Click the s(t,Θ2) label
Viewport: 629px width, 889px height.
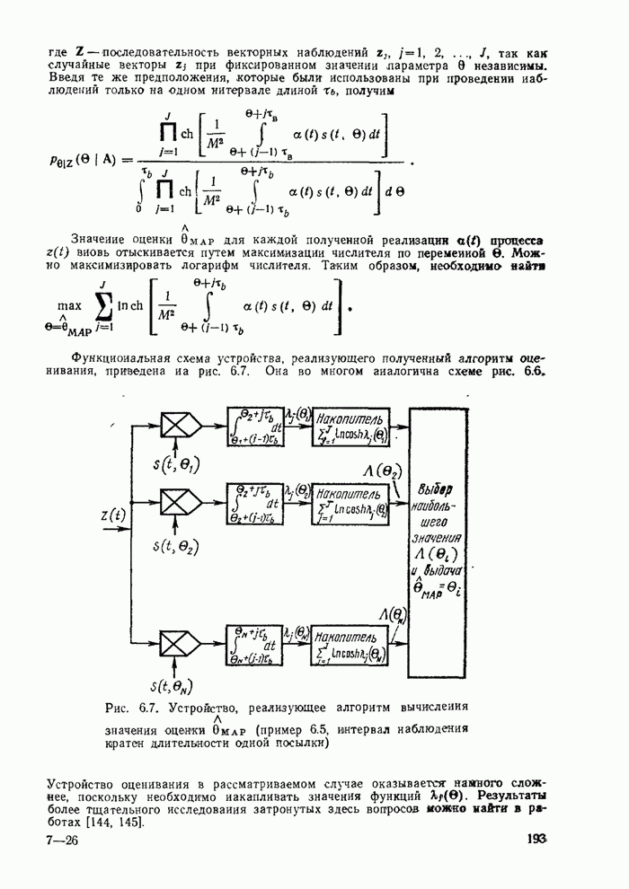coord(176,544)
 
